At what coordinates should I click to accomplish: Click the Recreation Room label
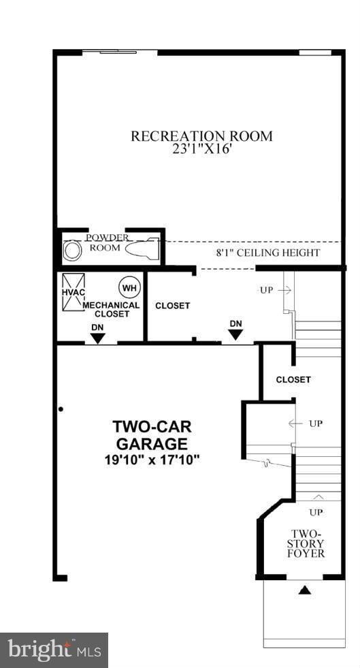point(201,136)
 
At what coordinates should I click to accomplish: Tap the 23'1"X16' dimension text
point(201,150)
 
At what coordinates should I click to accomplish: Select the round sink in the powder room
point(72,251)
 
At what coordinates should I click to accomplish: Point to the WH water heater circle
point(129,287)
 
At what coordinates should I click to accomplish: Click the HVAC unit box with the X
point(73,292)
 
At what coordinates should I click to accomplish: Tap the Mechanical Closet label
point(112,310)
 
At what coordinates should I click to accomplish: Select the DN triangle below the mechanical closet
point(98,338)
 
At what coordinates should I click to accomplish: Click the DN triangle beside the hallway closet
point(235,334)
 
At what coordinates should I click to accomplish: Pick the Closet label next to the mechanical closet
point(172,306)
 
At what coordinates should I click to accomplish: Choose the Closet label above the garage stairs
point(293,379)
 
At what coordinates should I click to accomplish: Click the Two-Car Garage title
point(152,435)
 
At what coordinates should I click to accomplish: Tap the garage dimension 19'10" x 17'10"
point(152,460)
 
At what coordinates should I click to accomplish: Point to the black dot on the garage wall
point(61,409)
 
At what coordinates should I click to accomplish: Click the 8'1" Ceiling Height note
point(268,253)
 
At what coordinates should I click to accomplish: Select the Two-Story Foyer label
point(306,543)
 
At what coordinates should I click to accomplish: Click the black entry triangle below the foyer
point(304,590)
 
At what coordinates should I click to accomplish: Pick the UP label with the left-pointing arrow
point(306,424)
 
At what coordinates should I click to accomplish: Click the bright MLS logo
point(54,650)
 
